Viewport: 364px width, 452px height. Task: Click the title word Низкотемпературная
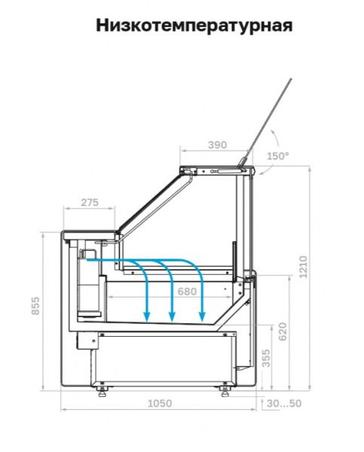coord(194,26)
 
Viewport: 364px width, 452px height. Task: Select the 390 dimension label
coord(217,145)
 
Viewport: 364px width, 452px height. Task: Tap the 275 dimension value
coord(90,203)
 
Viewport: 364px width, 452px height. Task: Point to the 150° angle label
coord(277,156)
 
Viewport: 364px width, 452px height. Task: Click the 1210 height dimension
coord(304,267)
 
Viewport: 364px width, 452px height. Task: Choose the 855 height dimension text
coord(35,306)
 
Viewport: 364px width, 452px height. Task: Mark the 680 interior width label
coord(187,292)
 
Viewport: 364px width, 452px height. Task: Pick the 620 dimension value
coord(283,331)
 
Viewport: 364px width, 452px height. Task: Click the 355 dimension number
coord(267,359)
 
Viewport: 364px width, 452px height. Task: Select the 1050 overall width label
coord(160,403)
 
